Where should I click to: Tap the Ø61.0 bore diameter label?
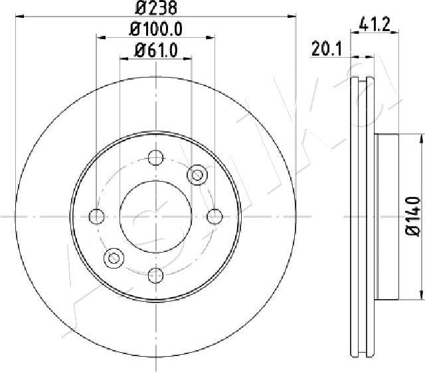click(155, 50)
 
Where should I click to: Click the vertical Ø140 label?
click(412, 216)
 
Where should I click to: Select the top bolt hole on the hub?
click(155, 158)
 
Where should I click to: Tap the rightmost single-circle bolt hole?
click(214, 216)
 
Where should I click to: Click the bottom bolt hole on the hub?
click(155, 275)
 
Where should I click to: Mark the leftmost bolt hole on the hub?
click(97, 216)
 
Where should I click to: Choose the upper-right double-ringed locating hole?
click(197, 175)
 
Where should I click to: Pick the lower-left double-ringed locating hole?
click(114, 257)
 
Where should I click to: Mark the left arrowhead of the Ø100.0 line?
click(100, 37)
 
